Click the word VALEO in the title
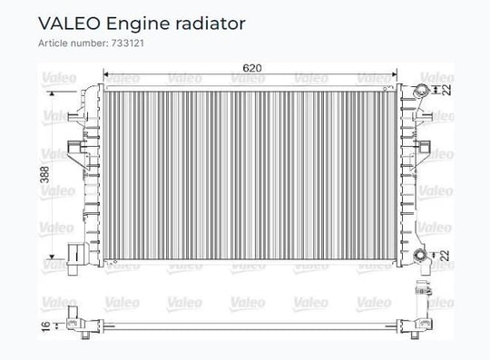tap(69, 24)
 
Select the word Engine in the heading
tap(138, 24)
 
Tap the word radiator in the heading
tap(211, 24)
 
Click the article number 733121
tap(128, 44)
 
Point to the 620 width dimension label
tap(252, 68)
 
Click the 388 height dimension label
tap(45, 174)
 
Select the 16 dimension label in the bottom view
tap(45, 326)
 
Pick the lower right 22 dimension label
tap(446, 255)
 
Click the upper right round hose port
tap(419, 91)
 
